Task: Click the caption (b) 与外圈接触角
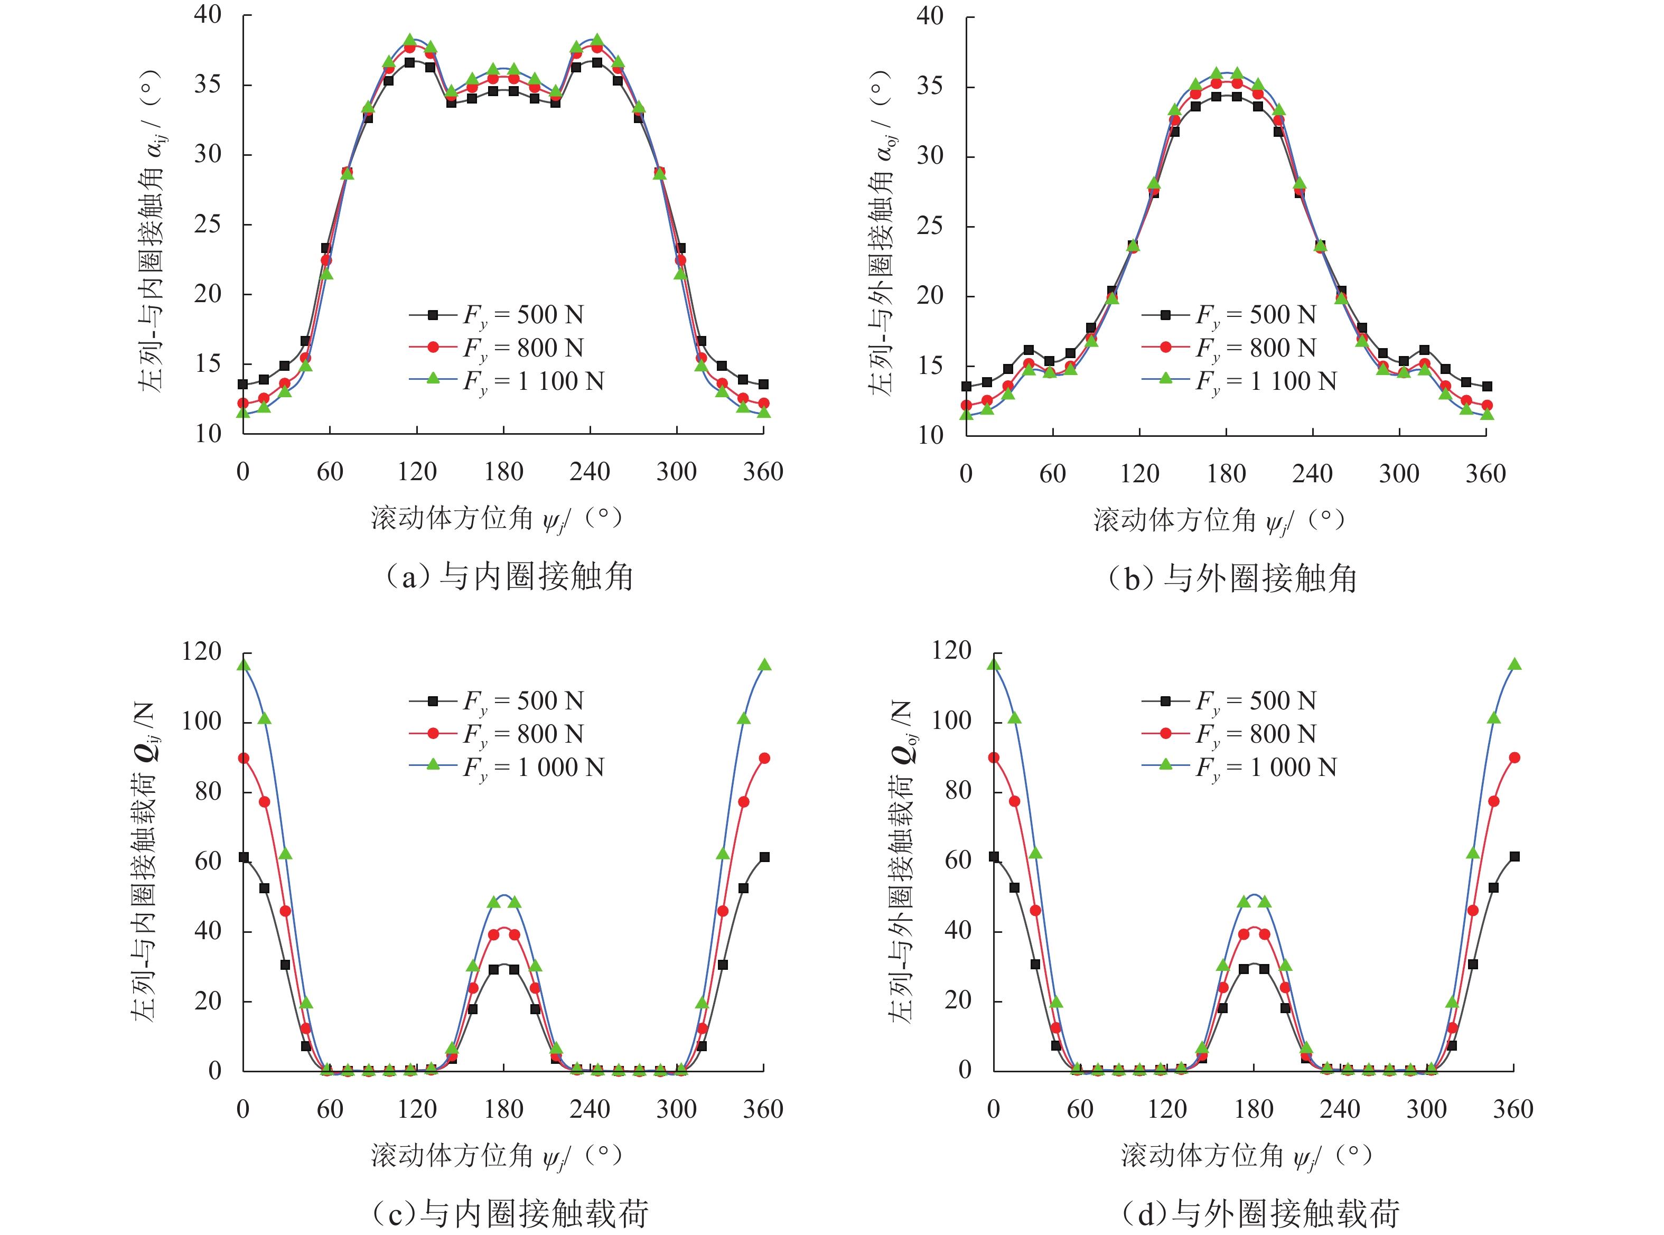(x=1232, y=578)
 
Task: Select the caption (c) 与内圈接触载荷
(x=509, y=1213)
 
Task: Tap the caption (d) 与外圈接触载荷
(x=1260, y=1213)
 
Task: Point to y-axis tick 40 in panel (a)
(x=207, y=14)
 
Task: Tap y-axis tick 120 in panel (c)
(x=201, y=651)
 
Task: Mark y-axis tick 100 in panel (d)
(x=951, y=721)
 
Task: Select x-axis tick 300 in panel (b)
(x=1399, y=473)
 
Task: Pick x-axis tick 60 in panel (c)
(x=330, y=1109)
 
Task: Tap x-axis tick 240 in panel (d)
(x=1340, y=1109)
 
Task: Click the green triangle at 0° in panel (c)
(x=244, y=665)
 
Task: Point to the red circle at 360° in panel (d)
(x=1514, y=757)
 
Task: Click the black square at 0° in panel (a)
(x=243, y=384)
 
